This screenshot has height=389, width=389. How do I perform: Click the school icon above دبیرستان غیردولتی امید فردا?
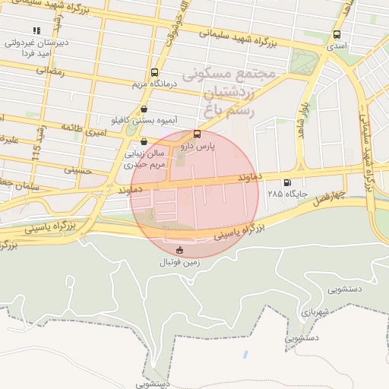point(36,30)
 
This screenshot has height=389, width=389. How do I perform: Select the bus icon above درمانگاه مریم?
point(155,71)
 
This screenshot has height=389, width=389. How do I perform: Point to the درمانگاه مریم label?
point(154,83)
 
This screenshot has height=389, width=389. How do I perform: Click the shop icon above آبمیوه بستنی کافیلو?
point(144,108)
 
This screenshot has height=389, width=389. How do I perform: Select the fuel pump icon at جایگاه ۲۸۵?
point(286,182)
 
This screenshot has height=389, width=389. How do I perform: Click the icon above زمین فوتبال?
point(179,251)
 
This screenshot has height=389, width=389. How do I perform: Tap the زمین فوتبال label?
point(178,262)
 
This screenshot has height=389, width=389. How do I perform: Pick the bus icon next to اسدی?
point(337,34)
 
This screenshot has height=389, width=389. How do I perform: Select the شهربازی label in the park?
point(322,312)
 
